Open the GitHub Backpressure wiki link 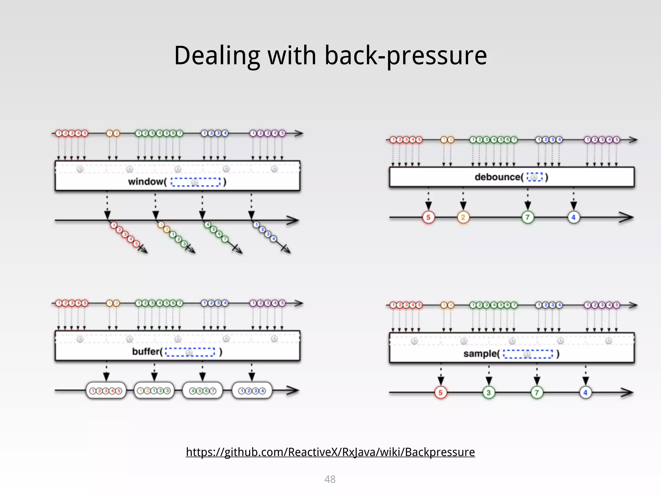(330, 452)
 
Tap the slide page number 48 (330, 479)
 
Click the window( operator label (147, 181)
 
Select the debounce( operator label (499, 177)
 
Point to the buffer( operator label (147, 351)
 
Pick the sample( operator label (481, 354)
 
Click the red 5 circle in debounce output (428, 217)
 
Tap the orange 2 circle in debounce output (463, 217)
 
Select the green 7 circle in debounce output (528, 217)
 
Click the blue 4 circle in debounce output (574, 217)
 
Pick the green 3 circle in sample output (489, 393)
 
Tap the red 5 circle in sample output (441, 393)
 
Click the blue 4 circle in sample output (585, 393)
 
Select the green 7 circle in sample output (537, 393)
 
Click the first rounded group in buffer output (106, 391)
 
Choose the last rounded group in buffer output (252, 391)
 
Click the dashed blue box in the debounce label (534, 177)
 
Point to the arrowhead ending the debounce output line (628, 217)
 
